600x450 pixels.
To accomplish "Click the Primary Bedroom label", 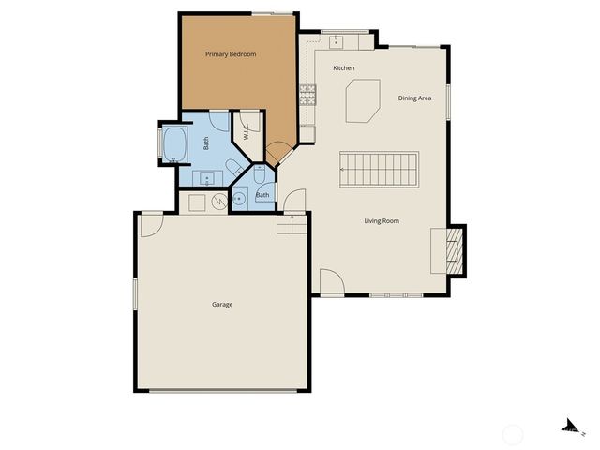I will coord(231,54).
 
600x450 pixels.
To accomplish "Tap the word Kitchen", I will coord(344,68).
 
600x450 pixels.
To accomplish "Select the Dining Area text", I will coord(414,98).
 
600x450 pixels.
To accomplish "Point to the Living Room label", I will coord(382,221).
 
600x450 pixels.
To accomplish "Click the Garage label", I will coord(222,305).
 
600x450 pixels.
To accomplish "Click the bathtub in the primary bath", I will coord(175,145).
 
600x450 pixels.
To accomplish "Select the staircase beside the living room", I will coord(379,170).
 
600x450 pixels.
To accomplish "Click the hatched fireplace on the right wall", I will coord(453,251).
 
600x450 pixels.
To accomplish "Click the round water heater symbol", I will coord(217,200).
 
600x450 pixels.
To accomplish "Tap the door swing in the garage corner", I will coord(151,224).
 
